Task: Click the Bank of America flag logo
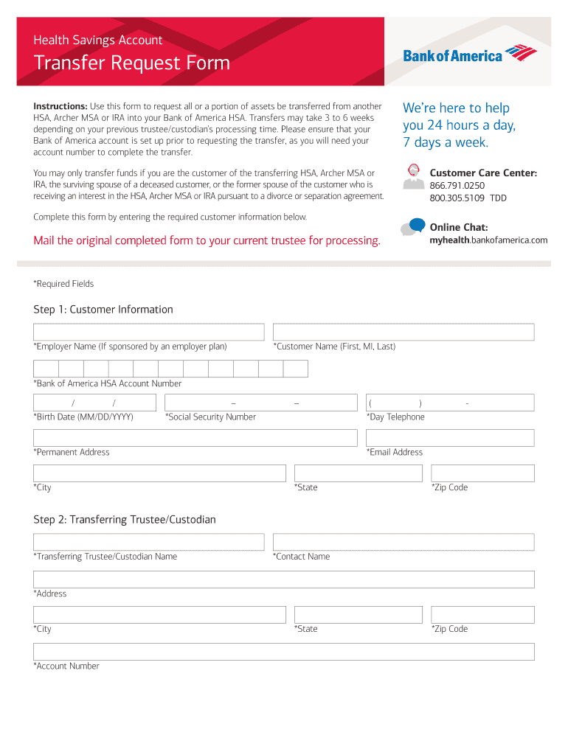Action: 521,53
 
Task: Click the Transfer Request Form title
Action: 132,63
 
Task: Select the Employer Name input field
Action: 148,332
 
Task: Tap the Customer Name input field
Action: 404,332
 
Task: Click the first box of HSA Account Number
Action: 46,369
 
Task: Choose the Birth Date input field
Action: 94,403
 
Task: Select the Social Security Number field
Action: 260,403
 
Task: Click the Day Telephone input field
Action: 450,403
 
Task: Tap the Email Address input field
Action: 450,438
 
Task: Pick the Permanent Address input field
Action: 195,438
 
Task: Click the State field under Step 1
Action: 358,473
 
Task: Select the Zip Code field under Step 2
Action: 482,615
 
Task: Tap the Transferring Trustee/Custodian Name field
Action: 148,542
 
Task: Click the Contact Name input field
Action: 404,542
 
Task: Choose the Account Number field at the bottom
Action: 284,652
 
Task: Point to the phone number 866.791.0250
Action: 457,186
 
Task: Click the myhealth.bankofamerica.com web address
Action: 488,240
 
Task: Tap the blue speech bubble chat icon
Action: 417,224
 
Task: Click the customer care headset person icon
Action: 413,174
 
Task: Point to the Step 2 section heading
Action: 125,520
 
